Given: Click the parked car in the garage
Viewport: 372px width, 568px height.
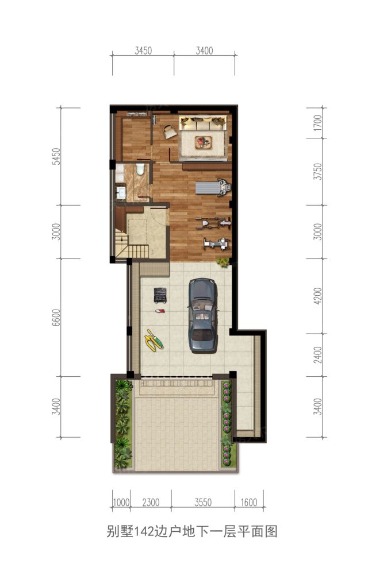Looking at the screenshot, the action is click(x=203, y=315).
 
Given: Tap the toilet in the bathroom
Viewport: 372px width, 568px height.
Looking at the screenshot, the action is click(x=140, y=169).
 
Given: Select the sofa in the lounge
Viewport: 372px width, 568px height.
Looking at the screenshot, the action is click(x=203, y=122).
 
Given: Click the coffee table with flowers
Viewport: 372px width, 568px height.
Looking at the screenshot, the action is click(x=203, y=142).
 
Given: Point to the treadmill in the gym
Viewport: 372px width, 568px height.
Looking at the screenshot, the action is click(x=213, y=187).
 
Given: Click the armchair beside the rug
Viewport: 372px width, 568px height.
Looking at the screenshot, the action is click(x=169, y=131).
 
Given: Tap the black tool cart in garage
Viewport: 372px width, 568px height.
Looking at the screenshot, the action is click(x=160, y=295).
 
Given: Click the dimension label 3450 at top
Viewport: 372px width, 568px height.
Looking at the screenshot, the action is click(x=143, y=51).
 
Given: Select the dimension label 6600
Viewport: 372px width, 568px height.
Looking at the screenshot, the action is click(x=56, y=318).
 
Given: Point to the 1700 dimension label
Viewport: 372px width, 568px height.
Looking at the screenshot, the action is click(x=317, y=123).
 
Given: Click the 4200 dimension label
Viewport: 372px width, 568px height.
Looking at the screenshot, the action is click(x=317, y=296).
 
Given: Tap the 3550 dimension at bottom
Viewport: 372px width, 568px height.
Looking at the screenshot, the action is click(x=203, y=503).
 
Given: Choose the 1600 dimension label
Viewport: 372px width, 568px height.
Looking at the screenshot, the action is click(x=249, y=503).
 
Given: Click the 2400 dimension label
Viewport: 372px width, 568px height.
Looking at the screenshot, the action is click(x=317, y=355).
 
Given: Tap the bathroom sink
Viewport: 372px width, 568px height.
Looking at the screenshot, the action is click(x=120, y=192).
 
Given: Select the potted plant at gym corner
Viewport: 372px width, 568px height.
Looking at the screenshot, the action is click(x=223, y=261).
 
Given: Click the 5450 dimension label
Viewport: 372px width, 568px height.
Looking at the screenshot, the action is click(x=56, y=156).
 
